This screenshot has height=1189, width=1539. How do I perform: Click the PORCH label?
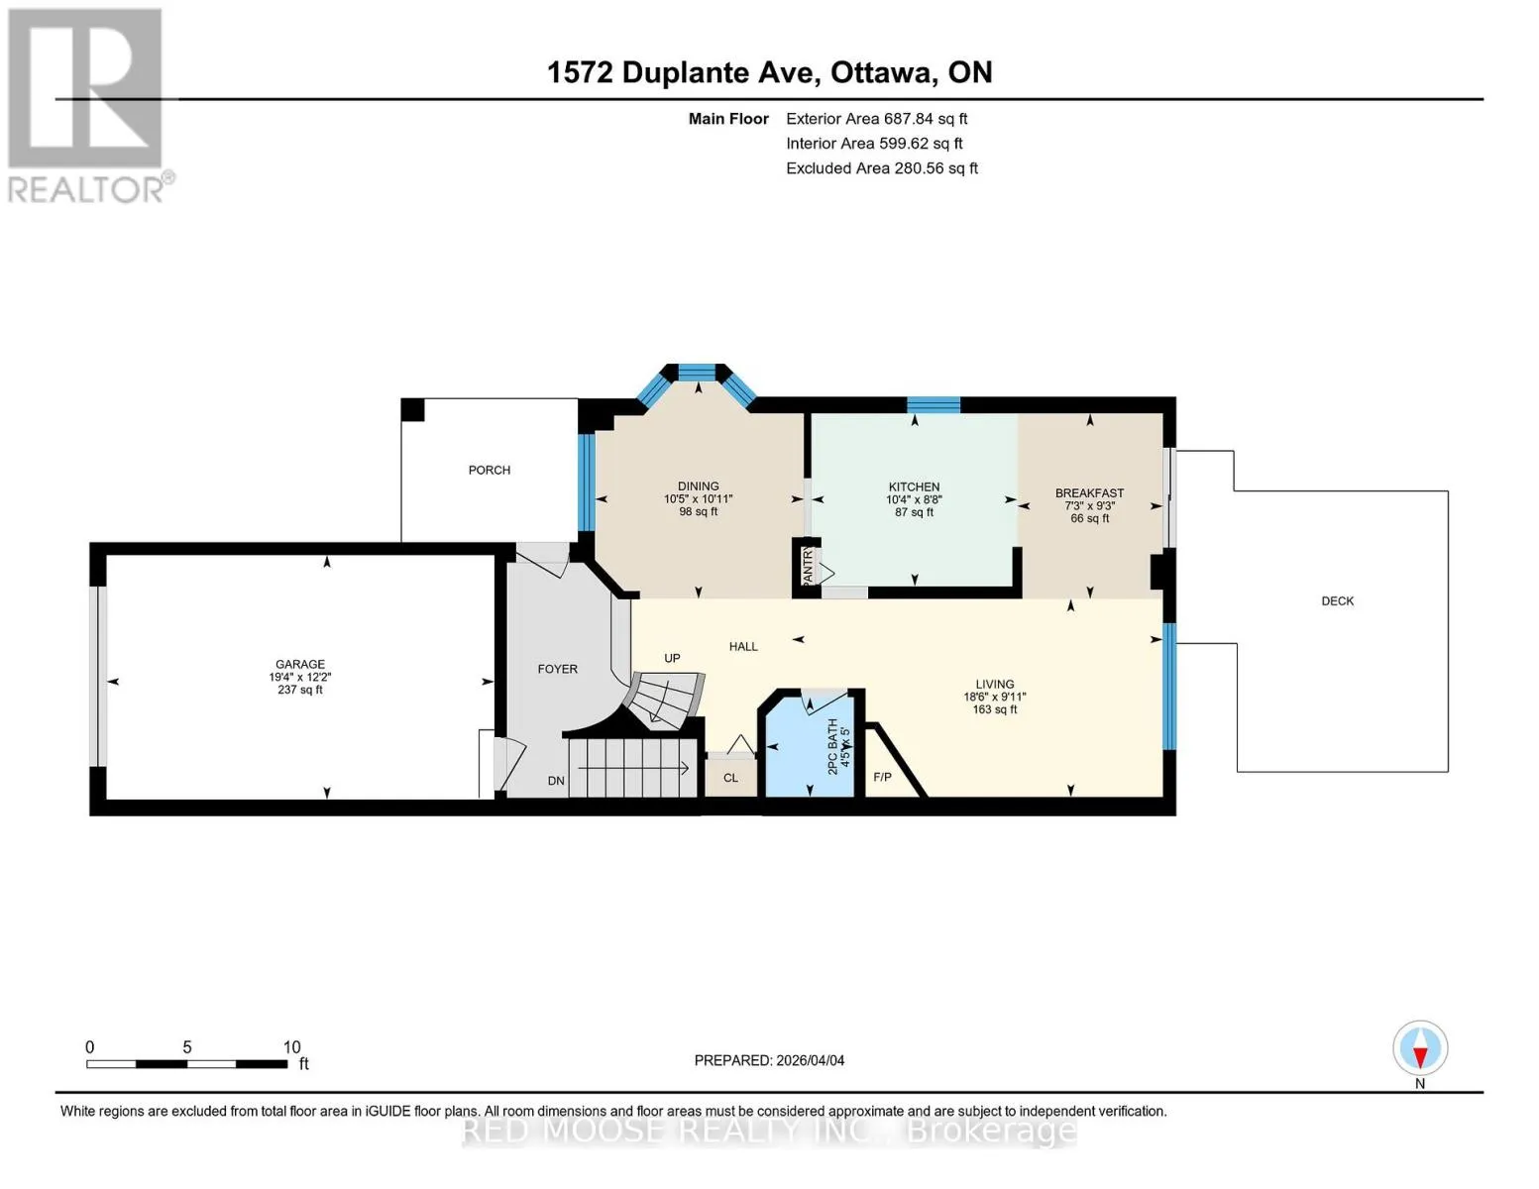[x=490, y=470]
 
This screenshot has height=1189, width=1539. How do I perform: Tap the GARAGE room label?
[x=300, y=664]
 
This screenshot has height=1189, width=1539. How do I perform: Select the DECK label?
[x=1337, y=601]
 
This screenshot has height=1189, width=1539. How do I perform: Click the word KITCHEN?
[x=914, y=486]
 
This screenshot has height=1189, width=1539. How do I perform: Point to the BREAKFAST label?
[x=1089, y=492]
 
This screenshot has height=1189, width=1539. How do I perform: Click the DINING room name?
[x=699, y=486]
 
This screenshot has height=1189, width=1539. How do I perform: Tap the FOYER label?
[x=557, y=669]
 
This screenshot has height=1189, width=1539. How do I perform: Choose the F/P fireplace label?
[x=882, y=778]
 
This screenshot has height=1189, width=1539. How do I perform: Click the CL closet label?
[x=731, y=778]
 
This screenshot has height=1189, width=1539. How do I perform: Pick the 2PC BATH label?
[x=832, y=746]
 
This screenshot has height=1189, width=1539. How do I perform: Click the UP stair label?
[x=672, y=659]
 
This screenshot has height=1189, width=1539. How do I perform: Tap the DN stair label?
[x=556, y=781]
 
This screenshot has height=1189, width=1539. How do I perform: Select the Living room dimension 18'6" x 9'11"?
[x=994, y=697]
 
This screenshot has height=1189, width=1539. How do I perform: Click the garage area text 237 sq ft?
[x=300, y=690]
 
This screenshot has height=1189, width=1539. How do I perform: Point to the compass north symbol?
[x=1420, y=1048]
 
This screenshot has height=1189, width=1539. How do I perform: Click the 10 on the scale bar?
[x=291, y=1047]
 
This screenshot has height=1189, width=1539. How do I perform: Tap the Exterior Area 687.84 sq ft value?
[x=876, y=119]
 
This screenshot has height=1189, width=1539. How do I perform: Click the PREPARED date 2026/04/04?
[x=811, y=1061]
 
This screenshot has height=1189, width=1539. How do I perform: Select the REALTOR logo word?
[x=85, y=190]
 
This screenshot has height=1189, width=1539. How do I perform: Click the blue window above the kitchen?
[x=934, y=405]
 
